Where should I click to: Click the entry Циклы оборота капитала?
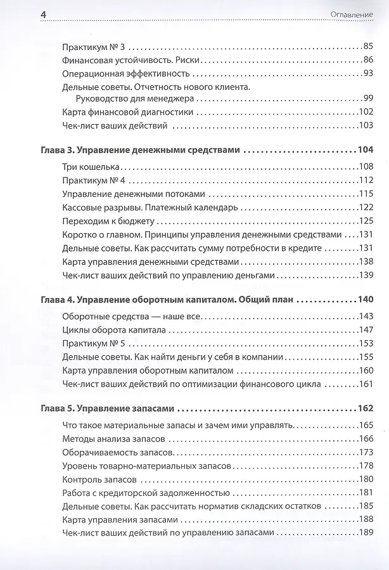click(114, 329)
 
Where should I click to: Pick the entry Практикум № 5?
click(94, 343)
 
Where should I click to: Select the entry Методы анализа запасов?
click(114, 438)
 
